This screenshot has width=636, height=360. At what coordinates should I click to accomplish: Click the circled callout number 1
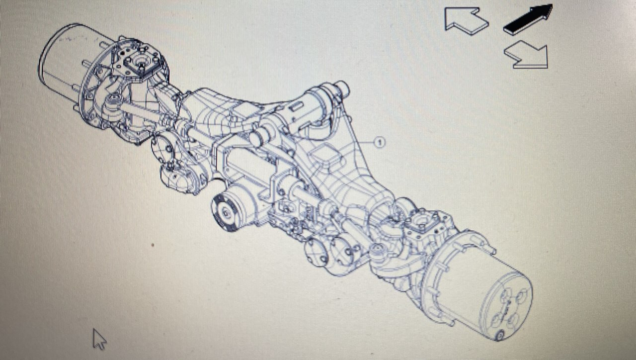(x=379, y=143)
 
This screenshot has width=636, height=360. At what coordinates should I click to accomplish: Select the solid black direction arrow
(x=527, y=19)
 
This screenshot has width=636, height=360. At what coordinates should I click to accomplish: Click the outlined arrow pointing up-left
(x=465, y=20)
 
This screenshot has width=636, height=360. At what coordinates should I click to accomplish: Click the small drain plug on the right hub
(x=500, y=335)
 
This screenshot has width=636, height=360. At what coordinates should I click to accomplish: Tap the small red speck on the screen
(x=153, y=245)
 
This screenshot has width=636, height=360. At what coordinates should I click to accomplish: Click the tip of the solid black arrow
(x=551, y=6)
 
